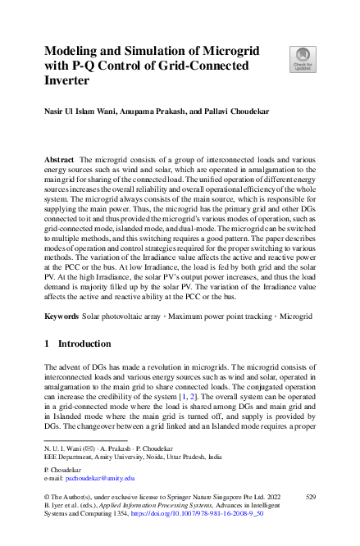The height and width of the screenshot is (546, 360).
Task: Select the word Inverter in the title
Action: click(70, 82)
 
